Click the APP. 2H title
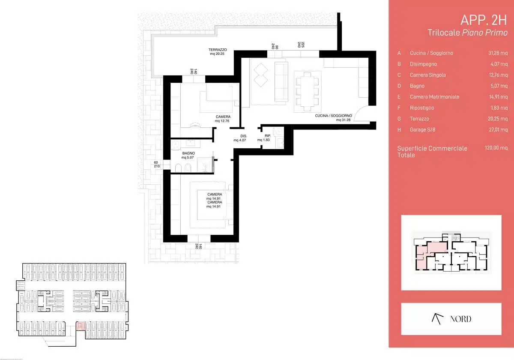484,20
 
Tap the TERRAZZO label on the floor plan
218,50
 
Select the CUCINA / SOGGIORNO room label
333,116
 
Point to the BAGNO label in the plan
188,153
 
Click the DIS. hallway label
243,136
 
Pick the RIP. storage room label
268,136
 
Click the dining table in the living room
307,92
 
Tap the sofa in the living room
281,81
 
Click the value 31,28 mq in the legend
498,53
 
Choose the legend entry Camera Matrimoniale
434,97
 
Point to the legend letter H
399,130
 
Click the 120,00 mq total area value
496,148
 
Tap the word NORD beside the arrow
460,319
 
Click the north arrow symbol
437,319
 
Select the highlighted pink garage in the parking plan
81,326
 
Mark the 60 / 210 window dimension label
157,165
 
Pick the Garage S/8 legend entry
422,130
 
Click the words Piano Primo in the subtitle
484,33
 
